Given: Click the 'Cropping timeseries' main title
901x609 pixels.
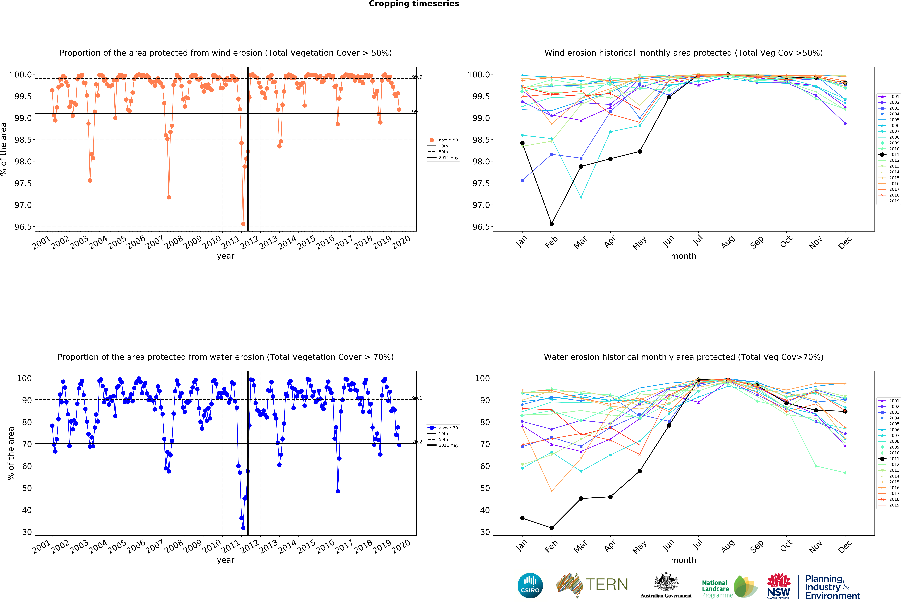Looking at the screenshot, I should pyautogui.click(x=414, y=4).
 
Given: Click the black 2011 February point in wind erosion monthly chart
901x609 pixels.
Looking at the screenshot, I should pyautogui.click(x=551, y=224).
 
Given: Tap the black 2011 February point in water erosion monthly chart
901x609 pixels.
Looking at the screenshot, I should pyautogui.click(x=551, y=528).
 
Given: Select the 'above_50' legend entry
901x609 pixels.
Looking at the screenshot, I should pyautogui.click(x=448, y=140).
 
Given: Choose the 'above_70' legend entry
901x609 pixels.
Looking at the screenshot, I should pyautogui.click(x=448, y=428).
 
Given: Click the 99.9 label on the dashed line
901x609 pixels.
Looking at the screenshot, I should pyautogui.click(x=417, y=77).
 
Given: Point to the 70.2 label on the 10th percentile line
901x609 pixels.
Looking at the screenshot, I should pyautogui.click(x=417, y=442).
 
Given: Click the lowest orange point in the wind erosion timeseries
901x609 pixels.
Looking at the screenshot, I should pyautogui.click(x=243, y=224).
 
